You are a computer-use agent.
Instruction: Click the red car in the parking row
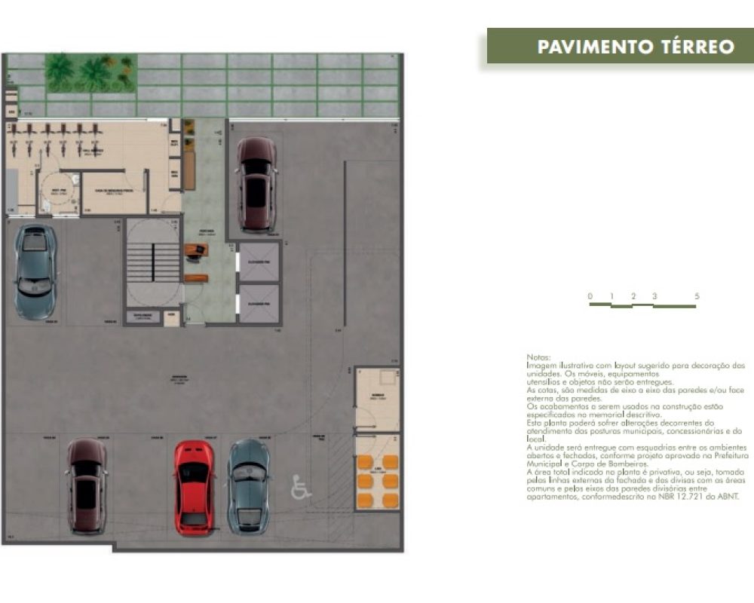195,487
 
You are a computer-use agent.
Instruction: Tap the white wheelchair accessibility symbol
301,488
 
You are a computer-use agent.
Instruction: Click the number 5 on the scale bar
697,296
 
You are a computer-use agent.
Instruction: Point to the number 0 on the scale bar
590,296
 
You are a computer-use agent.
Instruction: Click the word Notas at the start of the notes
538,357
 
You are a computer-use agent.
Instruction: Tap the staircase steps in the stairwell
153,261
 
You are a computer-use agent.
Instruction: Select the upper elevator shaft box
259,262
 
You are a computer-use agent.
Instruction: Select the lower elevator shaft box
259,303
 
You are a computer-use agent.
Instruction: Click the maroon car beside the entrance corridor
256,183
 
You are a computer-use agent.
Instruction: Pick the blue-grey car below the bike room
35,271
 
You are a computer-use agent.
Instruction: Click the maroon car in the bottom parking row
86,486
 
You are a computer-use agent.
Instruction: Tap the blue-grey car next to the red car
249,485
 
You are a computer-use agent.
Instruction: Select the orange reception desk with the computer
196,251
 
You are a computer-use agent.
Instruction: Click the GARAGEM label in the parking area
179,380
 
